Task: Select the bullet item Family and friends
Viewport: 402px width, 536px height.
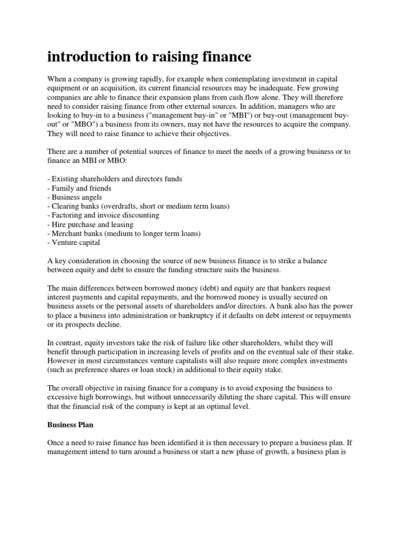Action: pos(79,188)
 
